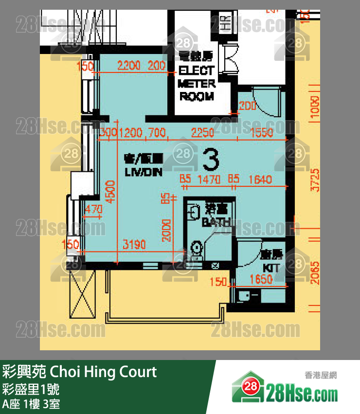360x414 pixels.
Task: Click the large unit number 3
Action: coord(211,158)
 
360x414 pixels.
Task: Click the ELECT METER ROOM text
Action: coord(197,83)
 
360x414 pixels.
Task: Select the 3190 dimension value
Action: coord(134,245)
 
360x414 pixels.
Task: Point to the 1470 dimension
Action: coord(209,180)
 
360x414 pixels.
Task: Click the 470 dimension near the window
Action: coord(93,209)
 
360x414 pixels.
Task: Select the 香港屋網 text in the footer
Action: coord(321,375)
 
